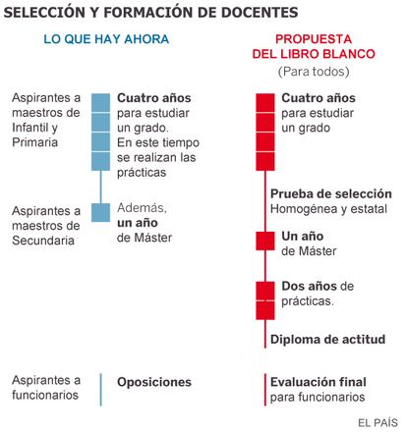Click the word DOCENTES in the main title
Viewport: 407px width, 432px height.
pyautogui.click(x=260, y=13)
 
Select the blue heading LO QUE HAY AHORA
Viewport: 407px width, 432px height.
pyautogui.click(x=106, y=39)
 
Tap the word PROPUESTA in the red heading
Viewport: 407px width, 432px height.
pyautogui.click(x=314, y=39)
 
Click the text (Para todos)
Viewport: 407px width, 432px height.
pyautogui.click(x=314, y=72)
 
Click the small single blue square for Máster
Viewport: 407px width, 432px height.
pyautogui.click(x=100, y=212)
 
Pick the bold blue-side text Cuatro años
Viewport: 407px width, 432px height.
pyautogui.click(x=154, y=98)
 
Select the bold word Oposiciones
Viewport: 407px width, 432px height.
pyautogui.click(x=154, y=382)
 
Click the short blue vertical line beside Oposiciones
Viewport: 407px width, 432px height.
pyautogui.click(x=100, y=390)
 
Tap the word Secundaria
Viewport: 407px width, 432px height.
pyautogui.click(x=43, y=241)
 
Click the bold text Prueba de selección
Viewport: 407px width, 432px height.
pyautogui.click(x=331, y=193)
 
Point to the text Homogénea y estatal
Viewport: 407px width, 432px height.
pyautogui.click(x=328, y=209)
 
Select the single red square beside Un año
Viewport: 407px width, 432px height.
pyautogui.click(x=265, y=241)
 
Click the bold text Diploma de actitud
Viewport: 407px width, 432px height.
pyautogui.click(x=327, y=340)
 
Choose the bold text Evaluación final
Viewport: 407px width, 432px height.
pyautogui.click(x=319, y=382)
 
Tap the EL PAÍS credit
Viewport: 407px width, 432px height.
pyautogui.click(x=378, y=423)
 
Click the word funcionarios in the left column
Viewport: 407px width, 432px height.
pyautogui.click(x=45, y=395)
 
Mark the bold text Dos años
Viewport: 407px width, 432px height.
pyautogui.click(x=309, y=286)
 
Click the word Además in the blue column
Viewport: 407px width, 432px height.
pyautogui.click(x=142, y=208)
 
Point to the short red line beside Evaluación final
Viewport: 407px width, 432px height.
pyautogui.click(x=265, y=390)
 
